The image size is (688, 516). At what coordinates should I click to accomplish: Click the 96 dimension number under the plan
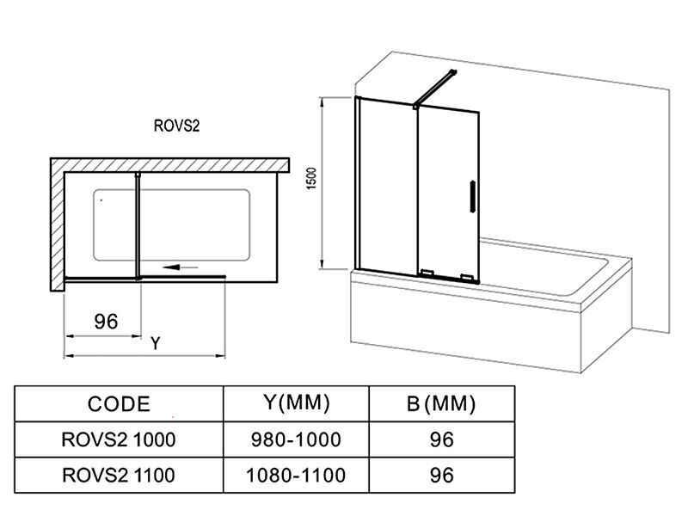pyautogui.click(x=105, y=322)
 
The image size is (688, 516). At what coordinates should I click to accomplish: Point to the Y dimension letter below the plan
pyautogui.click(x=155, y=343)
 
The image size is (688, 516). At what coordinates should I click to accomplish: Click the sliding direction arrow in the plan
pyautogui.click(x=185, y=267)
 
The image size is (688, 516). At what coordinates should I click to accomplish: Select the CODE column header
pyautogui.click(x=119, y=403)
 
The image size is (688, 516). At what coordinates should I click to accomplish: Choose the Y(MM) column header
pyautogui.click(x=296, y=402)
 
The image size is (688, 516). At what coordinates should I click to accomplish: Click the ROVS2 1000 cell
pyautogui.click(x=119, y=439)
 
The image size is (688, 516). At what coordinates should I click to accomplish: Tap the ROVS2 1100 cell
pyautogui.click(x=119, y=474)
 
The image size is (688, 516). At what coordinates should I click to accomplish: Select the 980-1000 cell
pyautogui.click(x=297, y=439)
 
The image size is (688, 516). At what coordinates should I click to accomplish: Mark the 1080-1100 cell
pyautogui.click(x=297, y=474)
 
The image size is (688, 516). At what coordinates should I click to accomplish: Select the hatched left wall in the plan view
pyautogui.click(x=57, y=224)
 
